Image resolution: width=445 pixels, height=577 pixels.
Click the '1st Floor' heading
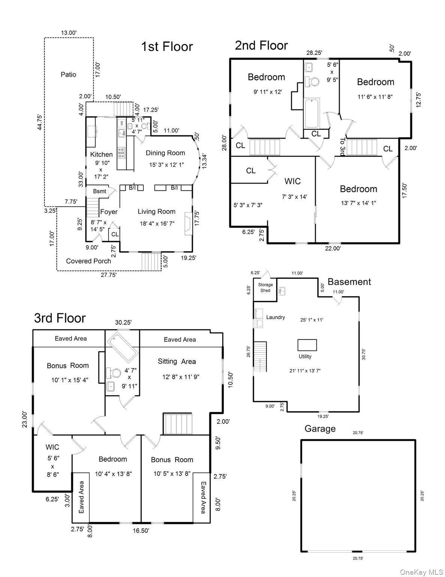coord(167,47)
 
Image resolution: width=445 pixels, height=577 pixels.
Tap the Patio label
coord(68,75)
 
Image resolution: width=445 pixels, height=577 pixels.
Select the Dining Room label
coord(165,153)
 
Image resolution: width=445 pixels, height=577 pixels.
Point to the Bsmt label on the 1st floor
coord(99,191)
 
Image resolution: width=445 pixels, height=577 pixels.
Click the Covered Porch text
coord(89,261)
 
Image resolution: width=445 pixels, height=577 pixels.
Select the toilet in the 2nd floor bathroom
coord(311,81)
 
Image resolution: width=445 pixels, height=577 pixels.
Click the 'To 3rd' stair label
coord(342,147)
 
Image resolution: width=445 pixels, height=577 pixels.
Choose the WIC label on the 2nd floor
coord(292,181)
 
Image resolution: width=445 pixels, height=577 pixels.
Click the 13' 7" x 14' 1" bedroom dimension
coord(358,203)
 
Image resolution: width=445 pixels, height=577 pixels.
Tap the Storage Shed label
coord(265,288)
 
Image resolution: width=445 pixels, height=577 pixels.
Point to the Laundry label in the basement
coord(275,317)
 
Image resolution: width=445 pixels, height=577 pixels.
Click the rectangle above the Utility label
coord(307,345)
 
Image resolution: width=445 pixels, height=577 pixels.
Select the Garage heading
coord(320,429)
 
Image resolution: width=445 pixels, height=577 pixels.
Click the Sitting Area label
coord(177,361)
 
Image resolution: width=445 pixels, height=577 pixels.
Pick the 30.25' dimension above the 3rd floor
coord(123,322)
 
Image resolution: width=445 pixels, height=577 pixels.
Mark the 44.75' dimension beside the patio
coord(39,122)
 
